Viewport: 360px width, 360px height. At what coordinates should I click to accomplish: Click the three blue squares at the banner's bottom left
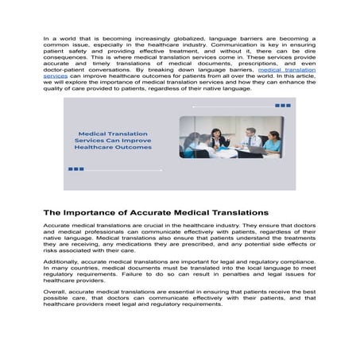click(x=76, y=168)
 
